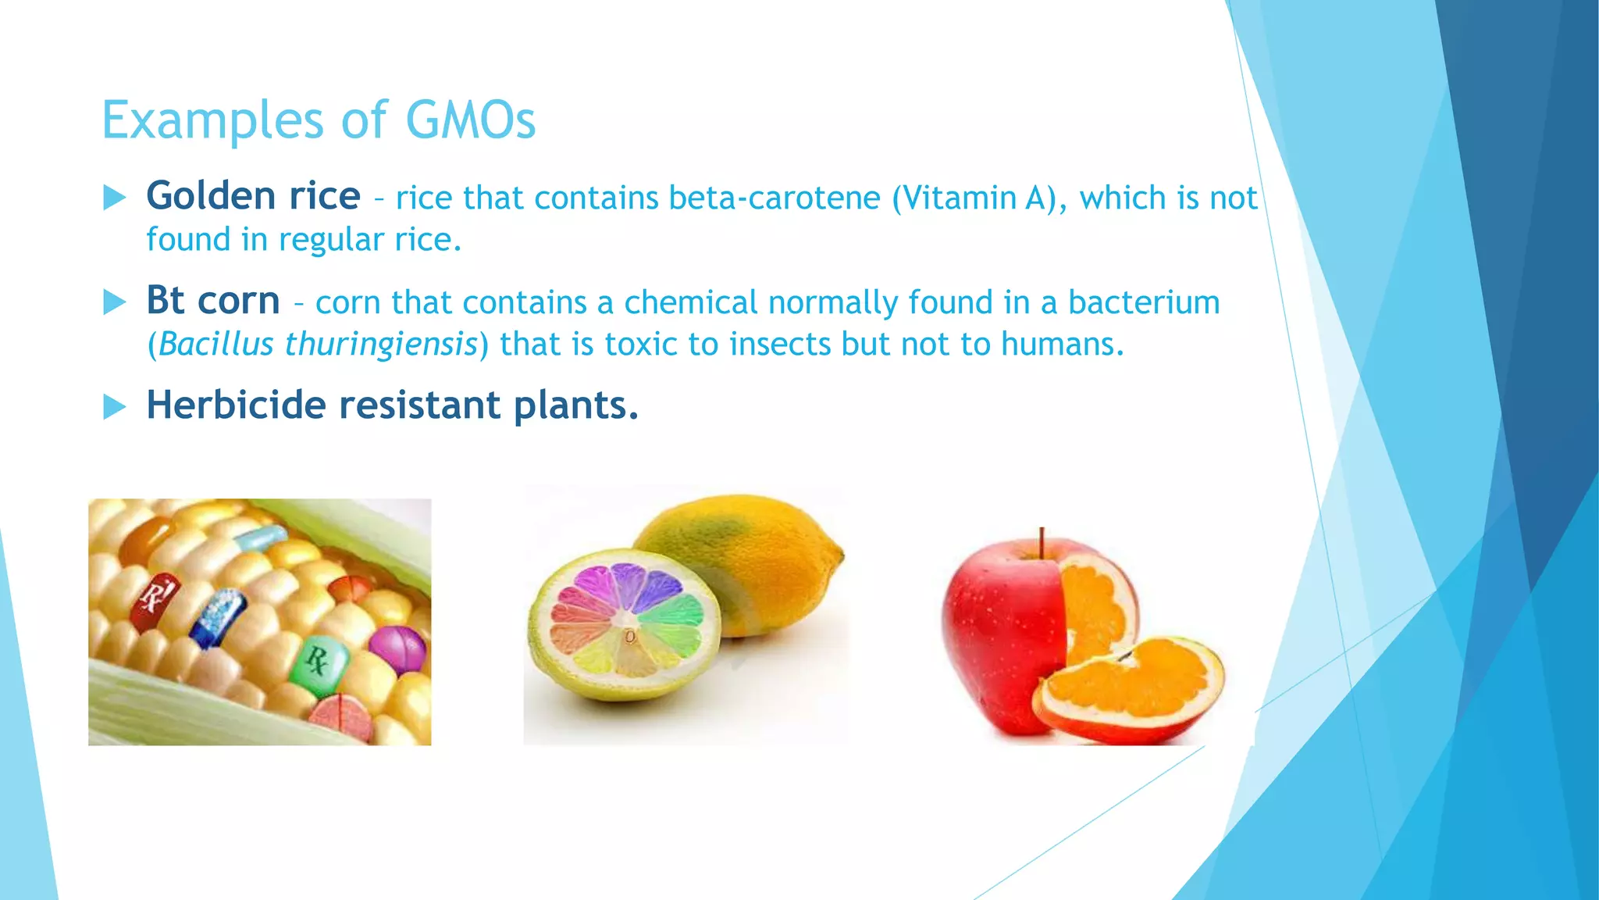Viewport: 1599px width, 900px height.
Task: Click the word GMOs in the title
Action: pyautogui.click(x=470, y=120)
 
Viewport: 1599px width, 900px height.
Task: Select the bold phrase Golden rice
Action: pyautogui.click(x=253, y=195)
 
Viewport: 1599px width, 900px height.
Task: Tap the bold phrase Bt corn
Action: pyautogui.click(x=212, y=300)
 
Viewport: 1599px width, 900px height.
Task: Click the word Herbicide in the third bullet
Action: pyautogui.click(x=236, y=405)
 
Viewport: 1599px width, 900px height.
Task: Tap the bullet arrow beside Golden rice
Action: pyautogui.click(x=114, y=198)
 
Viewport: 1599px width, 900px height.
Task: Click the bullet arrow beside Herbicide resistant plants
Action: pyautogui.click(x=114, y=406)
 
